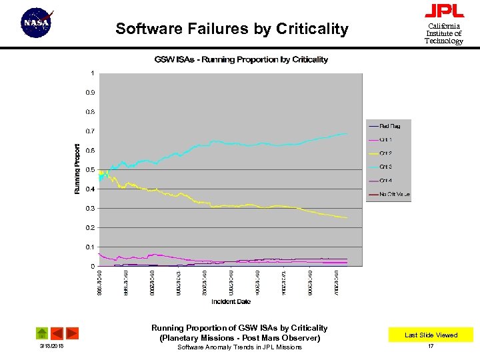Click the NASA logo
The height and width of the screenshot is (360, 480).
[x=37, y=23]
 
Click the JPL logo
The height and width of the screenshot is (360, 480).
[x=444, y=11]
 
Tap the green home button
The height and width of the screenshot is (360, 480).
[x=41, y=333]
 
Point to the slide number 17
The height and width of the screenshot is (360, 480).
[x=431, y=347]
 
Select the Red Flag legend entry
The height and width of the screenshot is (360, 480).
[x=389, y=125]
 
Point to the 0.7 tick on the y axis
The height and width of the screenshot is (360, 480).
[x=89, y=131]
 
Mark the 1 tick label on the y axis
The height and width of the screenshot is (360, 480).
[x=92, y=73]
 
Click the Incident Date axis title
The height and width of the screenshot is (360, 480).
[x=231, y=302]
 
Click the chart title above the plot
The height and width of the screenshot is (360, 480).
[x=241, y=59]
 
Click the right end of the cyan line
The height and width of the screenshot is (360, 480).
[x=347, y=134]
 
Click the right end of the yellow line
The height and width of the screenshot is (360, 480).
[x=347, y=217]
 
